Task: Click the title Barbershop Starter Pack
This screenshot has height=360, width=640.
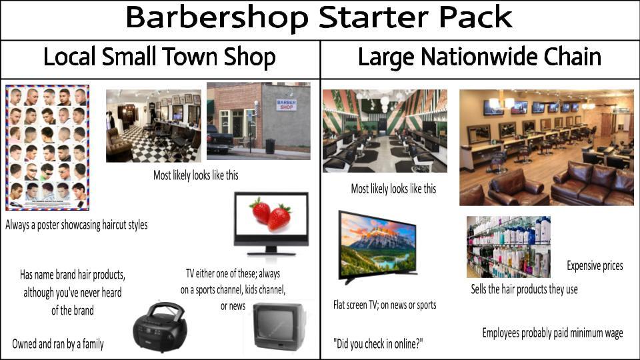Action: pyautogui.click(x=319, y=19)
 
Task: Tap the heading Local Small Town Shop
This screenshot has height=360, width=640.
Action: pyautogui.click(x=159, y=58)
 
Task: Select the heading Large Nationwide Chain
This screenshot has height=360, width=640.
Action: pyautogui.click(x=479, y=58)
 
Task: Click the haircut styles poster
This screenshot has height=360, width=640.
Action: pyautogui.click(x=47, y=147)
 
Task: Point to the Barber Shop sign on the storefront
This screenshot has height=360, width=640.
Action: pyautogui.click(x=286, y=105)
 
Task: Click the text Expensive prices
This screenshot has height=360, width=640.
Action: pyautogui.click(x=595, y=266)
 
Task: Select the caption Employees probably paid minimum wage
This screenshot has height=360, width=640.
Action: pyautogui.click(x=553, y=333)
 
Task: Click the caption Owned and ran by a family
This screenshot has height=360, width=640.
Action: pyautogui.click(x=58, y=344)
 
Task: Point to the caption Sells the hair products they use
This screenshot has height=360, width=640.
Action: pyautogui.click(x=524, y=289)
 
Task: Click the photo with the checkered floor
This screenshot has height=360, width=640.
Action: pyautogui.click(x=153, y=126)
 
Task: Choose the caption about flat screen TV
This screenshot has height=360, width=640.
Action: pyautogui.click(x=385, y=305)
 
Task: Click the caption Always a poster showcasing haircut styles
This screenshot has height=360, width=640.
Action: pyautogui.click(x=77, y=225)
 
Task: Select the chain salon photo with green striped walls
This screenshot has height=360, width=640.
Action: pyautogui.click(x=385, y=131)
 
